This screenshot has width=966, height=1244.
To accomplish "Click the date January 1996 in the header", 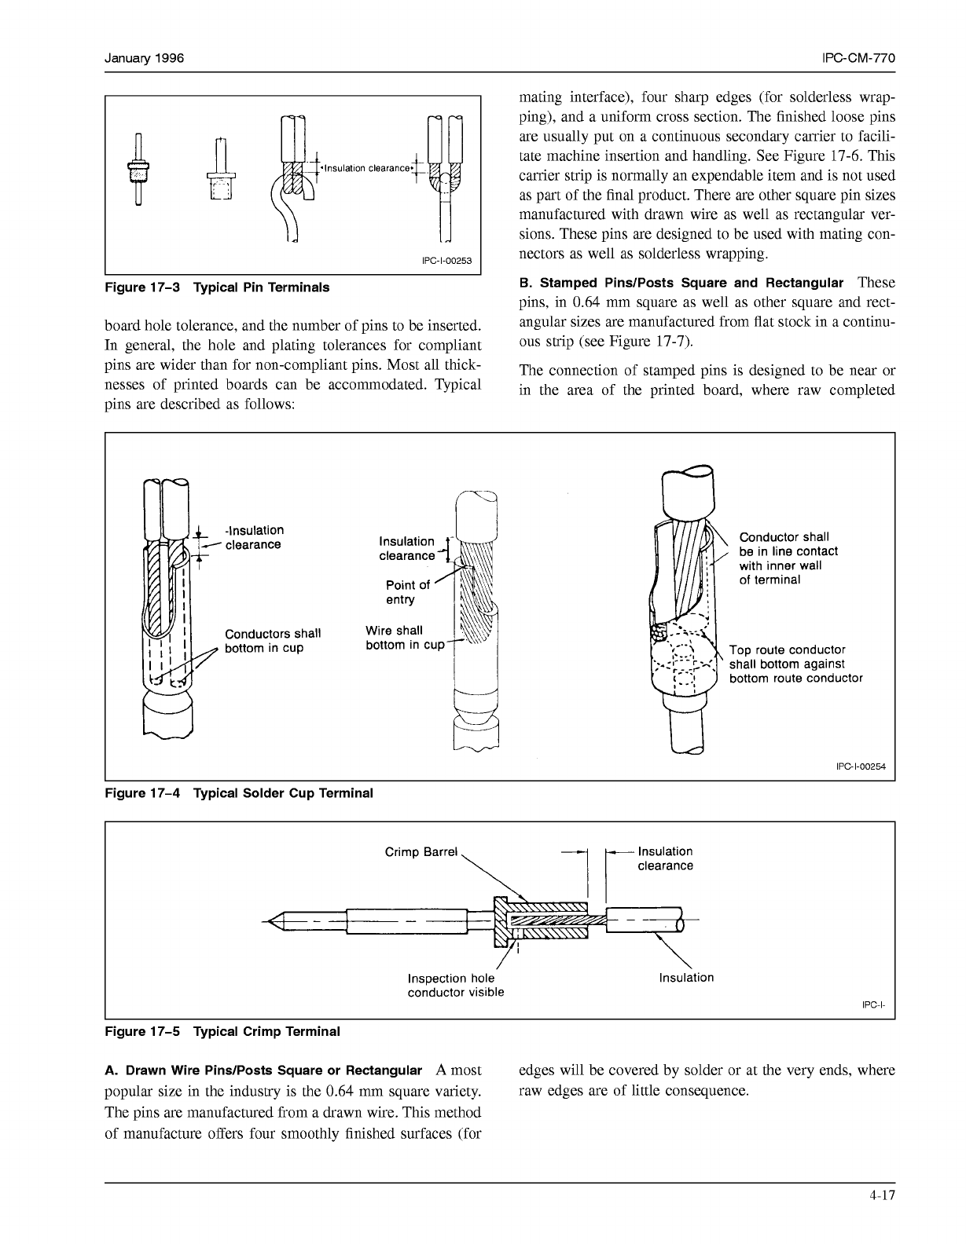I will tap(145, 59).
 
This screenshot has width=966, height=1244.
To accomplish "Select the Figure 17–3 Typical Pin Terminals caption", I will tap(217, 287).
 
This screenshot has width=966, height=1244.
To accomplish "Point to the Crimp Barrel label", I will tap(421, 852).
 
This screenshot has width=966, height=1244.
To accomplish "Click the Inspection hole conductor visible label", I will tap(455, 985).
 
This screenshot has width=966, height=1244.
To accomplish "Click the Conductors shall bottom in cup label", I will tap(272, 641).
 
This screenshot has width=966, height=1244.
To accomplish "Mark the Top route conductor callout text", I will tap(795, 664).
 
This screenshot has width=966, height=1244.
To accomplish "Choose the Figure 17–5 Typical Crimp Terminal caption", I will tap(222, 1032).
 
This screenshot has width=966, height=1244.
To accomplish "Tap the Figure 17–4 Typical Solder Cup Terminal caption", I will tap(239, 793).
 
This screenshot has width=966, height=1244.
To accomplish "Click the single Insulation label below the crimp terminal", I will tap(686, 978).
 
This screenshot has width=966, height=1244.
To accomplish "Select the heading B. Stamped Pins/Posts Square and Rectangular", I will tap(681, 283).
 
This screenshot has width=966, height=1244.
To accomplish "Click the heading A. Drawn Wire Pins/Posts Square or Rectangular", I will tap(263, 1071).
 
